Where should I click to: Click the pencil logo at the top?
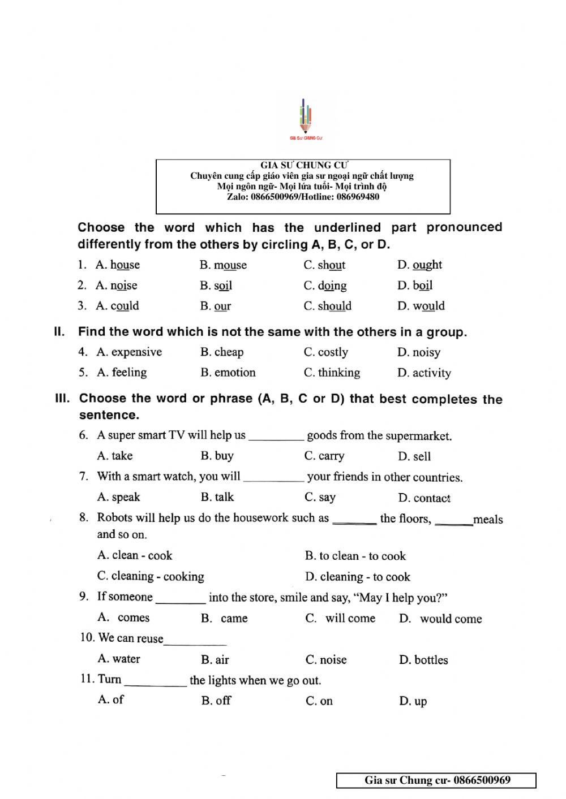[x=306, y=119]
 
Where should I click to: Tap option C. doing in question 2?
[x=325, y=286]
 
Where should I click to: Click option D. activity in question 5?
[x=424, y=373]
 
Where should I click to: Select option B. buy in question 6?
[x=217, y=456]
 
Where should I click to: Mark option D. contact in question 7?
[x=424, y=498]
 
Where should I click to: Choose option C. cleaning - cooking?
[x=151, y=576]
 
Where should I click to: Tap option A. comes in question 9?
[x=124, y=617]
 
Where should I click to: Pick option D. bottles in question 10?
[x=423, y=660]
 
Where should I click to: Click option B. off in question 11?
[x=216, y=701]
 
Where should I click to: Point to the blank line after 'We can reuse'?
[x=195, y=642]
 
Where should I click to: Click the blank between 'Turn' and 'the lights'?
[x=155, y=683]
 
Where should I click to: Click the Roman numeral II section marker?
[x=59, y=332]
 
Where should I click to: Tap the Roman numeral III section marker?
[x=62, y=398]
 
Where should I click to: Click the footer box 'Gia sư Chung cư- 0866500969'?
[x=436, y=781]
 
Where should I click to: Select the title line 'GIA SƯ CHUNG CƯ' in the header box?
[x=303, y=165]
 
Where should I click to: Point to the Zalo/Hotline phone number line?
[x=303, y=197]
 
